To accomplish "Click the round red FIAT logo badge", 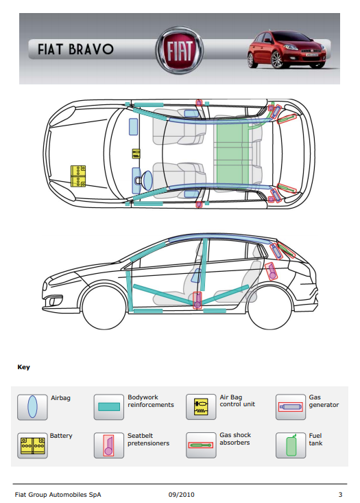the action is (179, 50).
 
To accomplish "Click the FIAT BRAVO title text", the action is (75, 49).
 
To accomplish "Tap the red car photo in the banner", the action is (287, 49).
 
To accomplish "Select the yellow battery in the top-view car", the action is (78, 176).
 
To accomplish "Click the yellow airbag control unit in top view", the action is (136, 153).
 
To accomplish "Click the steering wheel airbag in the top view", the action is (147, 180).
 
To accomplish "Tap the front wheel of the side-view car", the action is (104, 307).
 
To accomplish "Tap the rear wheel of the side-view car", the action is (269, 307).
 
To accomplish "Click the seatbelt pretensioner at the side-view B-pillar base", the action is (197, 301).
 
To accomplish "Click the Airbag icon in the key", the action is (32, 407).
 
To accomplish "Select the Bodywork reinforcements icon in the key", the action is (108, 407).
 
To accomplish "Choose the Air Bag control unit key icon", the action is (201, 407).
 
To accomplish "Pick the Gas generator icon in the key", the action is (291, 407).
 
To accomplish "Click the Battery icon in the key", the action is (32, 445).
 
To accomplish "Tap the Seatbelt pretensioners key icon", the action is (108, 445).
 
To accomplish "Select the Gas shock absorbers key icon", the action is (201, 445).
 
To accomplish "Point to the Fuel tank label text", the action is (315, 439).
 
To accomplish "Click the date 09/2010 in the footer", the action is (182, 495).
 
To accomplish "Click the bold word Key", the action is (24, 367).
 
